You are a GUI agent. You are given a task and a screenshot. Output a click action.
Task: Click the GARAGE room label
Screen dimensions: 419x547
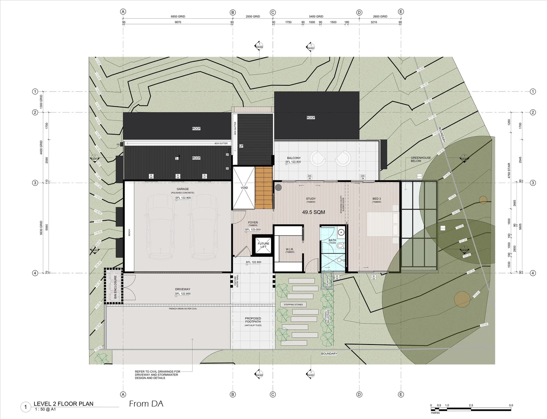(x=183, y=189)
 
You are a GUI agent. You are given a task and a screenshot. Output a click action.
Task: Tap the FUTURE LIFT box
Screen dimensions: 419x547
(x=263, y=245)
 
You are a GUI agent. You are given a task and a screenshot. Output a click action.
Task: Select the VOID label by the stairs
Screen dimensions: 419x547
(x=244, y=188)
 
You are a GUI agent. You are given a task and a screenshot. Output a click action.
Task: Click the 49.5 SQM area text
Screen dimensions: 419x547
(x=313, y=212)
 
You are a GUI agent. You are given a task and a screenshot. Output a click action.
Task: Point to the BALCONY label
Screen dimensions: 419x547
(x=293, y=158)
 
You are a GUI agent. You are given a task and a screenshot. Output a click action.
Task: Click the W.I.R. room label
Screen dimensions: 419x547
(x=290, y=249)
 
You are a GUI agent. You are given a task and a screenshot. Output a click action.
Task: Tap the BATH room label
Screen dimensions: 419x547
(x=332, y=240)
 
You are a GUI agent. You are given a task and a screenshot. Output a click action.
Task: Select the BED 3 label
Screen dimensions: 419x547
(x=376, y=199)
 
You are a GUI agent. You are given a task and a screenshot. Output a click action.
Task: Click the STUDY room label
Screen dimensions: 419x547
(x=311, y=199)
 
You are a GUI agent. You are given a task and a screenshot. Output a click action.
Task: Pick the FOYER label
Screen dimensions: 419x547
(x=253, y=223)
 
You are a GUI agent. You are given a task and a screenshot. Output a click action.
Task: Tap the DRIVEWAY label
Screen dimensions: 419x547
(x=183, y=289)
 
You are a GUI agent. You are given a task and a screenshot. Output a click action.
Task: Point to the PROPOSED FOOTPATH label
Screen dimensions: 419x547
(x=253, y=320)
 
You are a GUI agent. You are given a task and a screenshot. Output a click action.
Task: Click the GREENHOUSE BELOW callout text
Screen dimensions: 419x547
(x=421, y=159)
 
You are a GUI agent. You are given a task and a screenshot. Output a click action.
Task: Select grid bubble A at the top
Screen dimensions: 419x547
(x=123, y=12)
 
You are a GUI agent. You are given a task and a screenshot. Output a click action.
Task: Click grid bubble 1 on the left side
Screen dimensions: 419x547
(x=35, y=92)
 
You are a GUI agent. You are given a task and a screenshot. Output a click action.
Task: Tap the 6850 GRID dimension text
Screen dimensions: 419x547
(x=178, y=17)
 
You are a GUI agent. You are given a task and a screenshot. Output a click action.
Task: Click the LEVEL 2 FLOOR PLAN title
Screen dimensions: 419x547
(x=63, y=404)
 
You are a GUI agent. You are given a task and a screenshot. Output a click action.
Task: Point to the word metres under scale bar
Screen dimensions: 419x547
(x=435, y=413)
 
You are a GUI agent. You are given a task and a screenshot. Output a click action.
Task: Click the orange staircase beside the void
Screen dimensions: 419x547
(x=264, y=188)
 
